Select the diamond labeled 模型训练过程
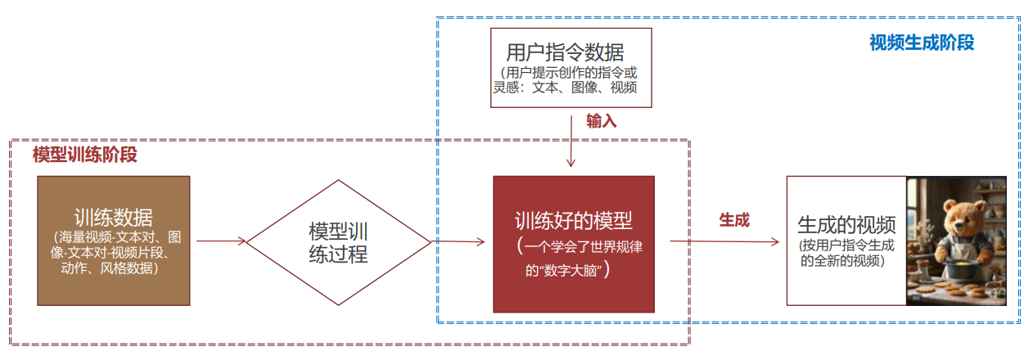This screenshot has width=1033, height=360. click(x=338, y=241)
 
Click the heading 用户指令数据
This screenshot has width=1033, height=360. click(x=565, y=52)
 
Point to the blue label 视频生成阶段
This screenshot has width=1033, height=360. click(x=922, y=43)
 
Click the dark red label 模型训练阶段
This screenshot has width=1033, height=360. click(x=84, y=155)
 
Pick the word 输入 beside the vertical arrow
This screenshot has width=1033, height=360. click(x=601, y=120)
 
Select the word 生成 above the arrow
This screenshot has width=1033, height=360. click(x=734, y=219)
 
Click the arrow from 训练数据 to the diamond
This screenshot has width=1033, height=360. click(x=221, y=241)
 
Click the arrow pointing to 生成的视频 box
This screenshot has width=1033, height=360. click(x=724, y=241)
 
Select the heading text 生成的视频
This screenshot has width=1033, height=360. click(x=846, y=224)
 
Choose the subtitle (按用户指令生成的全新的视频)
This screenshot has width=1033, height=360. click(x=846, y=253)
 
